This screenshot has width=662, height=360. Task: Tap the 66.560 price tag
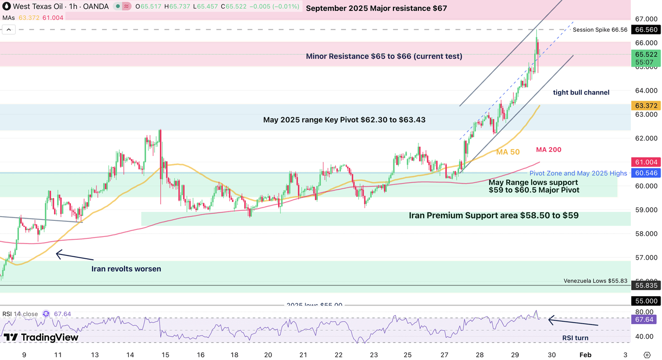(646, 29)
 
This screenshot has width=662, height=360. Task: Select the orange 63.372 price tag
(646, 105)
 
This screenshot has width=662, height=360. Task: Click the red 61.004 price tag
(646, 162)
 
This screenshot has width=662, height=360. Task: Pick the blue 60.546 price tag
(646, 173)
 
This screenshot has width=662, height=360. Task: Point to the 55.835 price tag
(646, 286)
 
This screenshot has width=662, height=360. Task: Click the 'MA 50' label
(508, 152)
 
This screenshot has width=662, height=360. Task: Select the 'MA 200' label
(549, 150)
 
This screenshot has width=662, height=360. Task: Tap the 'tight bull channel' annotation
(581, 93)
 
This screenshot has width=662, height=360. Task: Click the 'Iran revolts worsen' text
(126, 269)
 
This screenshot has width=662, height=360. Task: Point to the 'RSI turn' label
(575, 338)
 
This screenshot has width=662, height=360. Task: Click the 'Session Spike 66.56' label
(600, 30)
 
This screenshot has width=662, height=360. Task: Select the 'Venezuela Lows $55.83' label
(595, 281)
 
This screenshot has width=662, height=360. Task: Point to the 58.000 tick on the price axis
(646, 234)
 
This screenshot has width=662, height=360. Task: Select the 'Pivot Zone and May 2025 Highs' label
(578, 174)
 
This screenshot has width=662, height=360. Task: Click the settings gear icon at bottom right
(647, 355)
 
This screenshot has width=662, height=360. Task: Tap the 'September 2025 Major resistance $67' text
(376, 9)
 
